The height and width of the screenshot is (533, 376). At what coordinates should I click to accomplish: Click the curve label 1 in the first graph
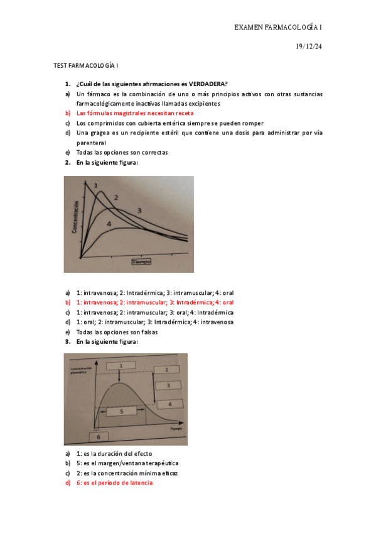[96, 185]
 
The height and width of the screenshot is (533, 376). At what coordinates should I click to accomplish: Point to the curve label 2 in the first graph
[116, 197]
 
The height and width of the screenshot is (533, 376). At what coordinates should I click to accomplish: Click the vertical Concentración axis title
[75, 217]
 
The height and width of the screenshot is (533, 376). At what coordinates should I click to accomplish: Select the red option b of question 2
[154, 302]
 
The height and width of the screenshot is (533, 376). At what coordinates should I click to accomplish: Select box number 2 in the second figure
[166, 370]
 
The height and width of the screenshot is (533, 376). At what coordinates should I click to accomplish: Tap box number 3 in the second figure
[168, 385]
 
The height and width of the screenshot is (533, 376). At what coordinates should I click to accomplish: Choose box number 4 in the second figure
[169, 404]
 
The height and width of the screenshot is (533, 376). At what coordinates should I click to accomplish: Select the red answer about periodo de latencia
[114, 483]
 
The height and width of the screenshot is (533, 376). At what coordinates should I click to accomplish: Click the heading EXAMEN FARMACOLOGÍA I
[278, 28]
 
